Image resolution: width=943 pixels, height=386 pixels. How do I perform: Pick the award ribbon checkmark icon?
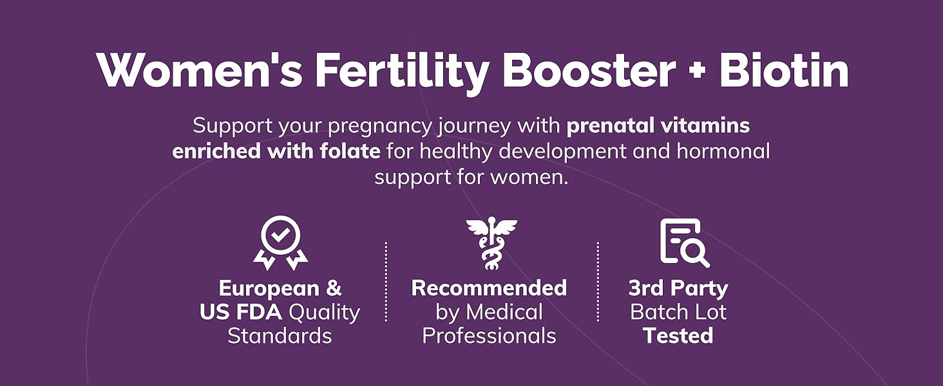tap(280, 243)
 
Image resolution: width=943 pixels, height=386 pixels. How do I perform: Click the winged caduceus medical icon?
tap(491, 243)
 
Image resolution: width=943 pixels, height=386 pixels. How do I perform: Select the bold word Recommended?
tap(489, 288)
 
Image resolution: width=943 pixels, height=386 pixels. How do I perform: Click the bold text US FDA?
tap(240, 312)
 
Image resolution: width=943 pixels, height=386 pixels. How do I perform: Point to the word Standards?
tap(280, 336)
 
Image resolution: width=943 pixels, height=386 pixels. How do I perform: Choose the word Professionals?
tap(489, 336)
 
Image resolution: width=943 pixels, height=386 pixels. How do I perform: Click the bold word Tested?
tap(678, 336)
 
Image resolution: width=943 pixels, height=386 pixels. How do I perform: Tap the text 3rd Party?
tap(678, 288)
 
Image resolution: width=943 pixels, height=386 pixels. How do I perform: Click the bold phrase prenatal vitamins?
tap(658, 125)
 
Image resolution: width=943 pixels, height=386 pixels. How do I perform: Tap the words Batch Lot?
tap(678, 312)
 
